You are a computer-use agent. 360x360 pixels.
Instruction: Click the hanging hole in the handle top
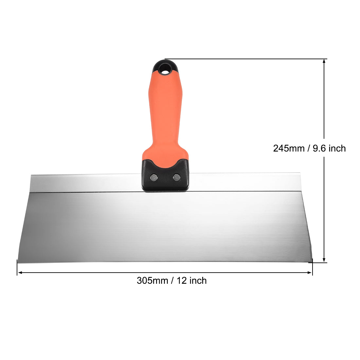click(x=165, y=69)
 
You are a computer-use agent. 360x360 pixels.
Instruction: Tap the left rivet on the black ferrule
click(x=153, y=177)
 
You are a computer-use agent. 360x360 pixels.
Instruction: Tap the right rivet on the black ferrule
click(x=176, y=177)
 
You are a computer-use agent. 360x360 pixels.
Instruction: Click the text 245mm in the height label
click(x=288, y=148)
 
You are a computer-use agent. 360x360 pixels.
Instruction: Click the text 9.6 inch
click(x=329, y=148)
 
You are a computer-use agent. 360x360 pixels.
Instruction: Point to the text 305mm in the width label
click(x=152, y=280)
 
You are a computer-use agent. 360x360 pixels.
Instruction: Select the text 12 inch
click(x=192, y=280)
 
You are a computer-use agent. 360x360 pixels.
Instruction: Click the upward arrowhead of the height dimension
click(x=324, y=62)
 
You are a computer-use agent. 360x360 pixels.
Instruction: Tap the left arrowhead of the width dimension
click(x=20, y=272)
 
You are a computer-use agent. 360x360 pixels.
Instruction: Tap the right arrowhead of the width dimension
click(x=310, y=272)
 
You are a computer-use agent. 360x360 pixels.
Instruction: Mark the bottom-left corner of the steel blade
click(x=18, y=262)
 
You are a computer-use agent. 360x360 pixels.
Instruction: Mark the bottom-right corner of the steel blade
click(x=313, y=261)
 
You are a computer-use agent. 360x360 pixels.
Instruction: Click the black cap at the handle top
click(x=165, y=65)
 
